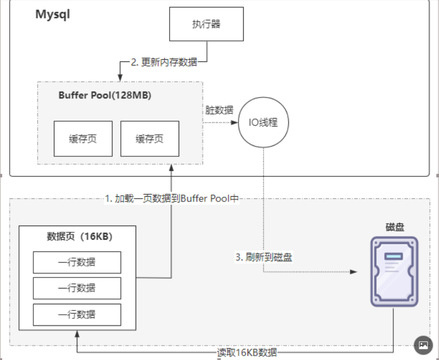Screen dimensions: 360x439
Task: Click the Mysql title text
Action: point(53,14)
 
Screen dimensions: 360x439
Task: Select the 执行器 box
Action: point(206,24)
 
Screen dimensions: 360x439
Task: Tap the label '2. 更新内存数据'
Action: point(164,62)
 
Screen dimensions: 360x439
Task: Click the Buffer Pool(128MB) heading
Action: point(105,95)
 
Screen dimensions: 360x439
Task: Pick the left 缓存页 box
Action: point(83,139)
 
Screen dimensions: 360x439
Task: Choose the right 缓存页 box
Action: point(150,139)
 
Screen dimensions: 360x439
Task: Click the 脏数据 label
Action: point(219,110)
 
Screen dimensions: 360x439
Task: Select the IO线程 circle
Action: point(263,122)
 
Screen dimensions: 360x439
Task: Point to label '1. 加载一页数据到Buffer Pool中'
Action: point(172,198)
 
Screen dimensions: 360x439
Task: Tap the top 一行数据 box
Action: point(77,263)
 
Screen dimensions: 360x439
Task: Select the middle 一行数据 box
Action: point(77,288)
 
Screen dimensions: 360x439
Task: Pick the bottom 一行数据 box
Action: point(77,314)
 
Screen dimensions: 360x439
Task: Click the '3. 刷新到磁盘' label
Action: point(263,257)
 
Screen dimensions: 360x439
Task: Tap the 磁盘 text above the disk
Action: point(395,227)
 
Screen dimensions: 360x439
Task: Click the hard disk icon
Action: point(394,271)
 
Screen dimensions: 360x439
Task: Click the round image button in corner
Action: point(424,345)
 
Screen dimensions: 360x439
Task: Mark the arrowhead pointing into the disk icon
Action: point(355,272)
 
